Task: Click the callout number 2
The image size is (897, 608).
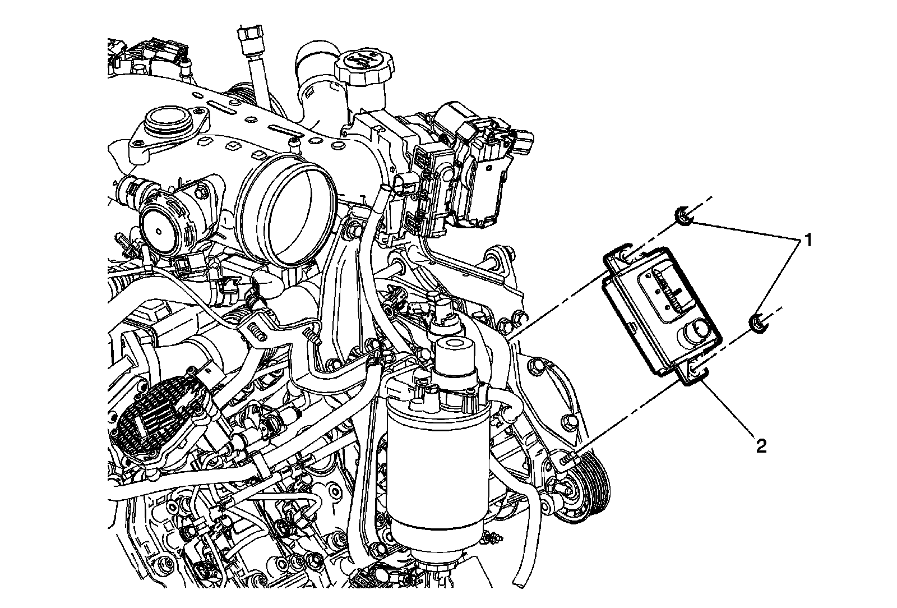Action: tap(761, 446)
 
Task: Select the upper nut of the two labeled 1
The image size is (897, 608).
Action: tap(682, 216)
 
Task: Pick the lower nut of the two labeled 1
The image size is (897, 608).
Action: tap(757, 323)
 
